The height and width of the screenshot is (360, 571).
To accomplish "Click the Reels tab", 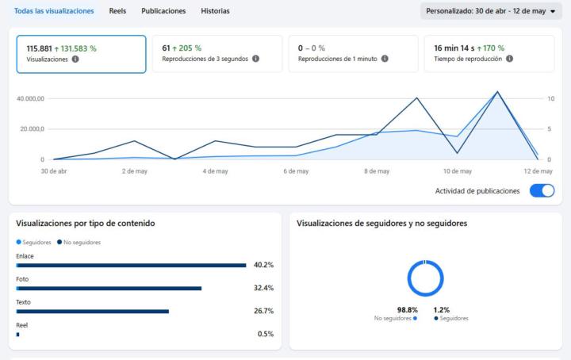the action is point(117,11).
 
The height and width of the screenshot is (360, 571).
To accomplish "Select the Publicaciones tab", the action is point(163,11).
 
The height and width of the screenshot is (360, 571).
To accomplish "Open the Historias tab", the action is point(215,11).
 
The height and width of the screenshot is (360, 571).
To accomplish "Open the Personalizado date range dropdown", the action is point(491,11).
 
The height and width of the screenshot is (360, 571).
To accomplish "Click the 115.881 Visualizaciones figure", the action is point(40,48).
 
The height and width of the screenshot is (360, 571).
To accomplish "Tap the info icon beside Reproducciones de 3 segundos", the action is point(255,59).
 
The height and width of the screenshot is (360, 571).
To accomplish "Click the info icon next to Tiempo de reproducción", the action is point(509,59).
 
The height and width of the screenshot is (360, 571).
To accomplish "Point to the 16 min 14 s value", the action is point(454,48).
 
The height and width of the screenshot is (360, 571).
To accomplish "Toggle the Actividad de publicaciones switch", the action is point(542,191).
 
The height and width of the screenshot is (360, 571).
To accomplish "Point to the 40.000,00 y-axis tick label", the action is point(31,98).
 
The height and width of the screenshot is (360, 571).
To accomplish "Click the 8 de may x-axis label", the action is point(377,171).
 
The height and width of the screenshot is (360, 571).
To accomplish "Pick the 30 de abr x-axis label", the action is point(54,171).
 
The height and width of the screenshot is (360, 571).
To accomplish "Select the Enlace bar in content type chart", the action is point(131,266).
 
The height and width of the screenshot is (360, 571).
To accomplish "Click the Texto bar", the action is point(93,312).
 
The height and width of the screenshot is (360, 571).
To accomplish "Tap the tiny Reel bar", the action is point(17,335).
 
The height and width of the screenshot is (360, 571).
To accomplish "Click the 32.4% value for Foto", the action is point(263,288).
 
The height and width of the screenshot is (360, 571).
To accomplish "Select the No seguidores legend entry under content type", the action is point(79,243).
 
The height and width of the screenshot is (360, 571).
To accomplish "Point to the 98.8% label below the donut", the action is point(408,310).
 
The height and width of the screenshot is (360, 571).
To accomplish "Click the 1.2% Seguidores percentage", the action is point(442,310).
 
